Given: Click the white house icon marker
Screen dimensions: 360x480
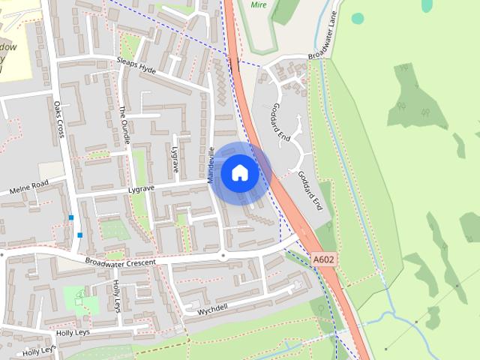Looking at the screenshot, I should click(x=240, y=173).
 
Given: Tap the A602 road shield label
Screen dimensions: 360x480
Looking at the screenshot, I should click(x=323, y=259).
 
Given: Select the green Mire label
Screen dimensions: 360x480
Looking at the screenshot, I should click(x=259, y=4).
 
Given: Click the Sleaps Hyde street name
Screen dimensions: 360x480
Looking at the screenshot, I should click(x=136, y=64).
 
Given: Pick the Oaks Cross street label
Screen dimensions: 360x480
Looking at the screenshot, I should click(x=59, y=120).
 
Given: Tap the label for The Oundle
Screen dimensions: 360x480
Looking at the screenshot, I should click(x=124, y=124).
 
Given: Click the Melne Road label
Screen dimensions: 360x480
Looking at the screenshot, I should click(x=28, y=187).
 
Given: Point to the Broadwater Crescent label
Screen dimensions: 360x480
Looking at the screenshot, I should click(x=120, y=262).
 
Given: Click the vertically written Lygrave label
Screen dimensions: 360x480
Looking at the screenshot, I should click(x=176, y=160).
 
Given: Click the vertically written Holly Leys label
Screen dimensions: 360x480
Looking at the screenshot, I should click(x=116, y=296).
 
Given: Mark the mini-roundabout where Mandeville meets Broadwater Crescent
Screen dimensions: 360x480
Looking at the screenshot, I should click(x=222, y=256).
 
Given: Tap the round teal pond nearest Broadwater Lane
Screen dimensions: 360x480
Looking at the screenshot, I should click(x=358, y=18).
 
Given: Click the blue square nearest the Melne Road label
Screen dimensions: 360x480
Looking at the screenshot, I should click(x=71, y=217).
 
